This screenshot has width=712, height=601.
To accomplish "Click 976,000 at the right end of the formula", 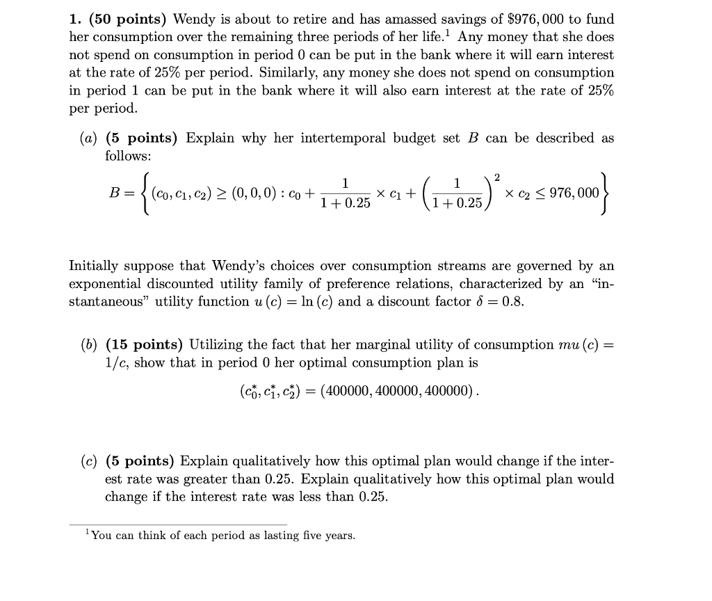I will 574,192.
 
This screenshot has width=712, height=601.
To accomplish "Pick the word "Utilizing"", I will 216,344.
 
